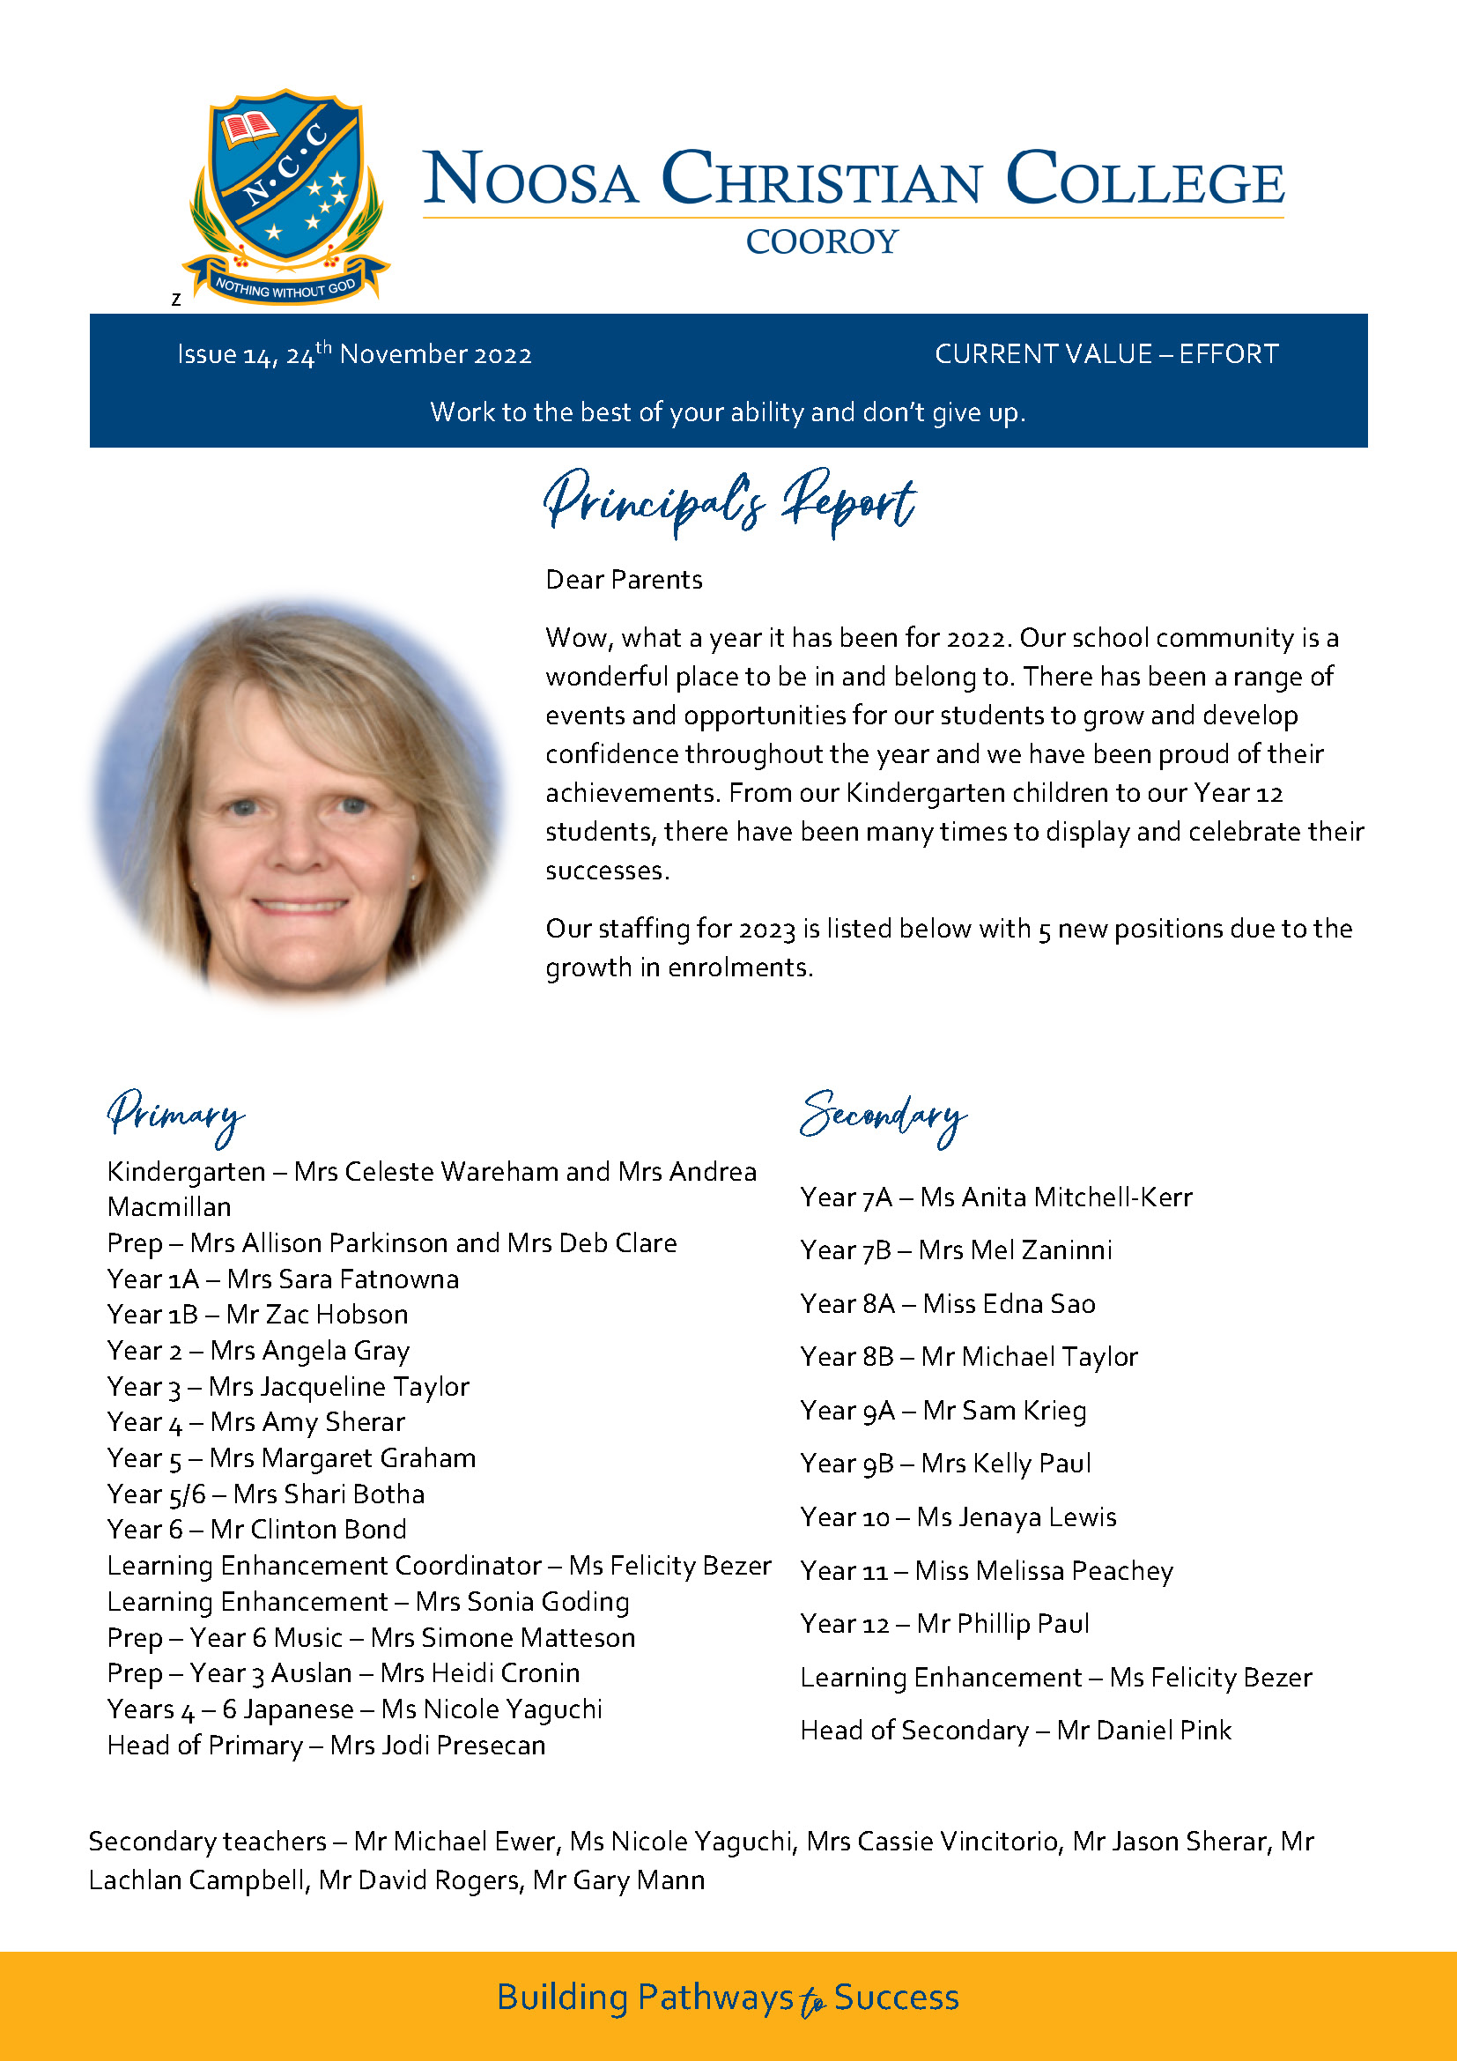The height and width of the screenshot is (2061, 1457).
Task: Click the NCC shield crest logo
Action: [285, 180]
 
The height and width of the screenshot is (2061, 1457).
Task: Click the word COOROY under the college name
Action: [821, 241]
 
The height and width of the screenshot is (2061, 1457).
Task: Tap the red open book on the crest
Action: [248, 128]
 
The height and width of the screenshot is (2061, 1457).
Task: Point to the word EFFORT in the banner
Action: [1228, 353]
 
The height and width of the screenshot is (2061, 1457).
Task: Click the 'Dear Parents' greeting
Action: [624, 580]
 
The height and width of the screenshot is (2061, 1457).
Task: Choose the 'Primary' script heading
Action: [175, 1116]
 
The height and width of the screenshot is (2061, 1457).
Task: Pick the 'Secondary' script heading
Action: [883, 1116]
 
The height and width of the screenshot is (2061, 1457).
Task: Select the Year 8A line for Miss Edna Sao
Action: [948, 1303]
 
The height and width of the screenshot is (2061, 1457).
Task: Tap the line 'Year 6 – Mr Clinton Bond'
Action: [256, 1529]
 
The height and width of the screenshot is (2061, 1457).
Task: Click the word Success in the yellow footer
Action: [895, 1998]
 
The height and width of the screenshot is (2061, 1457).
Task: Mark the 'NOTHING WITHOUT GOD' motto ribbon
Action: [285, 288]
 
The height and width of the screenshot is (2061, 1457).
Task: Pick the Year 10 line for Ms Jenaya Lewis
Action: [958, 1517]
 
